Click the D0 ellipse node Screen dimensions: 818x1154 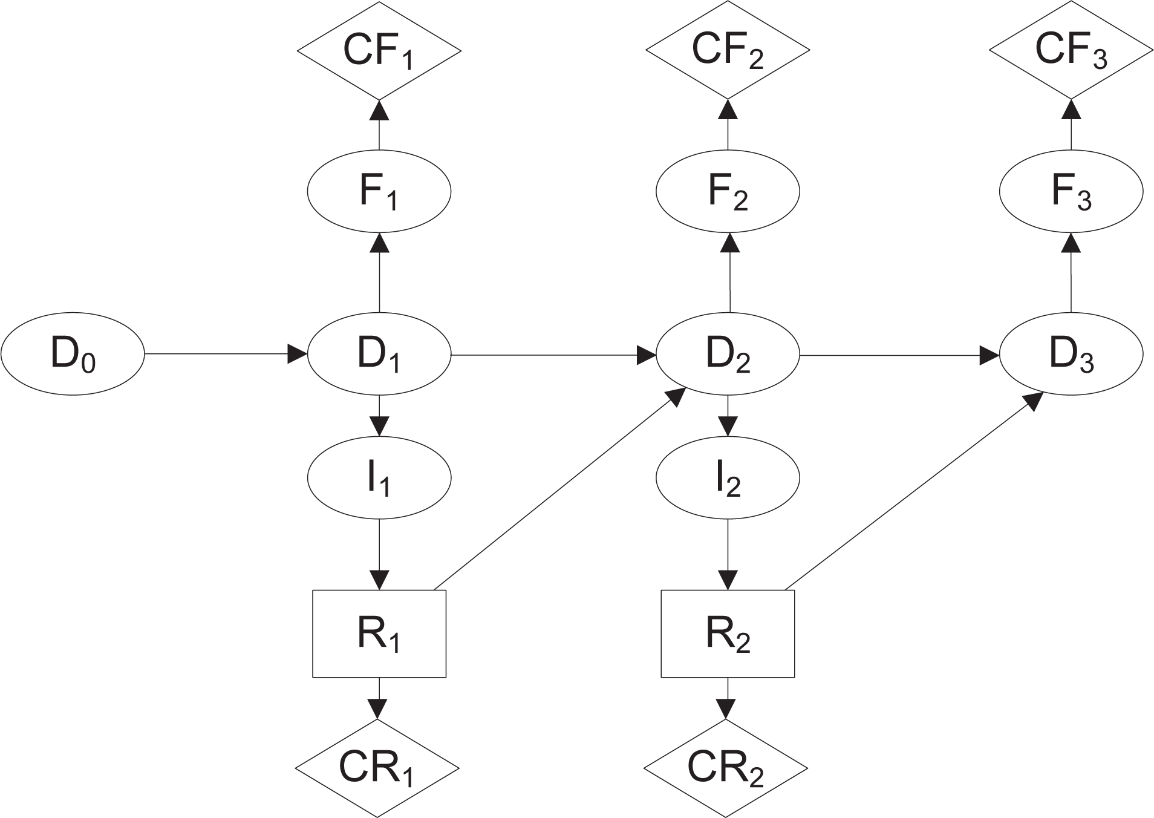click(x=73, y=355)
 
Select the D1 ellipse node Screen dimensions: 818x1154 click(x=379, y=355)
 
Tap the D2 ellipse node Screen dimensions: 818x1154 click(x=728, y=355)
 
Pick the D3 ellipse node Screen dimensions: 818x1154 click(x=1071, y=355)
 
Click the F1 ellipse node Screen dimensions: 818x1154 click(x=379, y=191)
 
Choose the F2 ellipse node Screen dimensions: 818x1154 click(x=728, y=191)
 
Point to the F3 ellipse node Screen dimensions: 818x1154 click(x=1071, y=191)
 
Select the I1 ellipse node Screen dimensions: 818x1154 click(x=379, y=478)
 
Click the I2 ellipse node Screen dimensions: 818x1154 click(x=728, y=478)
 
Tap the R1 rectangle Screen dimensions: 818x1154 click(x=379, y=633)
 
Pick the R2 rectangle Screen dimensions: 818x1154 click(x=728, y=633)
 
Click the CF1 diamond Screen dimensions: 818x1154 click(x=379, y=50)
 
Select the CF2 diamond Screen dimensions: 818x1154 click(x=728, y=50)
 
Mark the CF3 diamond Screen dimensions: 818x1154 click(x=1071, y=50)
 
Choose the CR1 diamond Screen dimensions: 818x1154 click(x=377, y=768)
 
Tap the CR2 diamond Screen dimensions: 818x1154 click(x=726, y=768)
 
